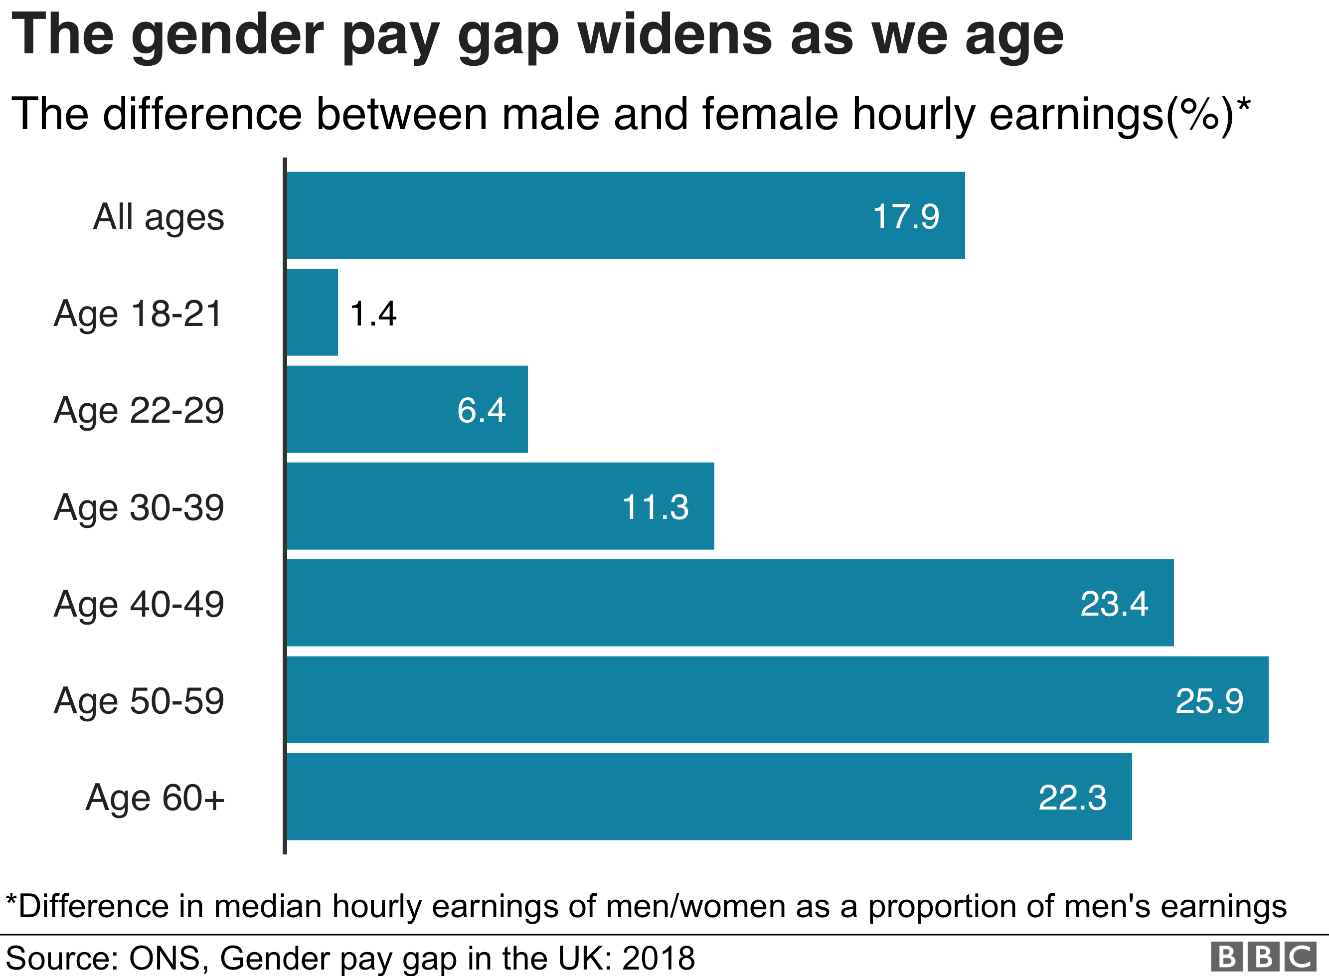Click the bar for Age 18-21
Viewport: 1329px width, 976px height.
pos(313,313)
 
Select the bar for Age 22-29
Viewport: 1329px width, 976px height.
pos(407,409)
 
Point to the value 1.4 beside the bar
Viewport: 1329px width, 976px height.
pos(373,313)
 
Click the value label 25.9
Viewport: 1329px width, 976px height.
pos(1209,701)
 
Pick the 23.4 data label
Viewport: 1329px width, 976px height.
pos(1114,604)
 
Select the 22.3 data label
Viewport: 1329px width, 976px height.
pos(1072,798)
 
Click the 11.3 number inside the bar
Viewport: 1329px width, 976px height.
pos(655,507)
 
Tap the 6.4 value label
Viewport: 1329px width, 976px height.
pos(482,410)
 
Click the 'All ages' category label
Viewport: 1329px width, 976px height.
pos(159,217)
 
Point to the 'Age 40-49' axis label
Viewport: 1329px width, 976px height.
pos(139,604)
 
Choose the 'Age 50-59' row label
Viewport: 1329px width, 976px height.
pos(139,701)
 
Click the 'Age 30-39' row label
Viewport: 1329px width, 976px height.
pos(139,507)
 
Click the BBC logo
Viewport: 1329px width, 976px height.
pos(1263,957)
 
